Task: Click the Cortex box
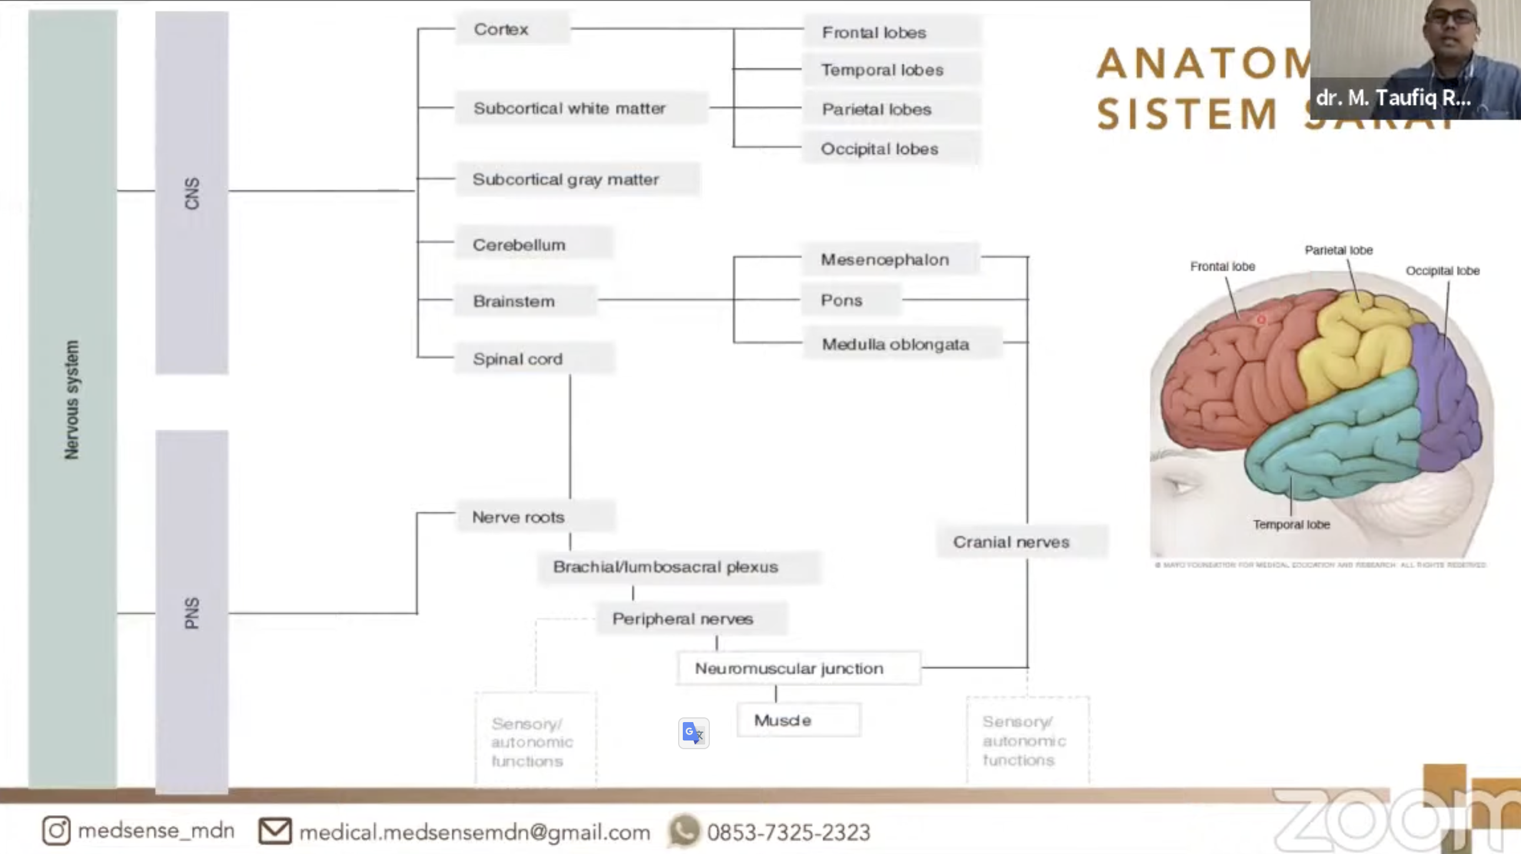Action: point(512,29)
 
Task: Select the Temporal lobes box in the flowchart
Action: point(891,69)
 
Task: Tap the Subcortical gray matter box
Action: point(576,179)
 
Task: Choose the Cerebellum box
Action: point(533,244)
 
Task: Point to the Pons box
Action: point(849,300)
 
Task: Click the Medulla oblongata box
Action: point(901,344)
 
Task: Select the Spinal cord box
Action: point(533,359)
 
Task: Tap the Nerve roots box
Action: point(534,517)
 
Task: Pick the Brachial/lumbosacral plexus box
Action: point(678,567)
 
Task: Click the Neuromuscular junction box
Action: point(797,668)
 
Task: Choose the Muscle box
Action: point(797,720)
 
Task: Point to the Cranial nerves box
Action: point(1021,542)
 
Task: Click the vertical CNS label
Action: point(192,193)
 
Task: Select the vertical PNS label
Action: point(192,613)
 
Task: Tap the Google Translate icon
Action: point(693,733)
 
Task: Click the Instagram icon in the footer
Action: point(56,830)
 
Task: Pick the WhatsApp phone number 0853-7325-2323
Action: point(788,832)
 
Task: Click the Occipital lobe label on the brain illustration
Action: point(1442,270)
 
